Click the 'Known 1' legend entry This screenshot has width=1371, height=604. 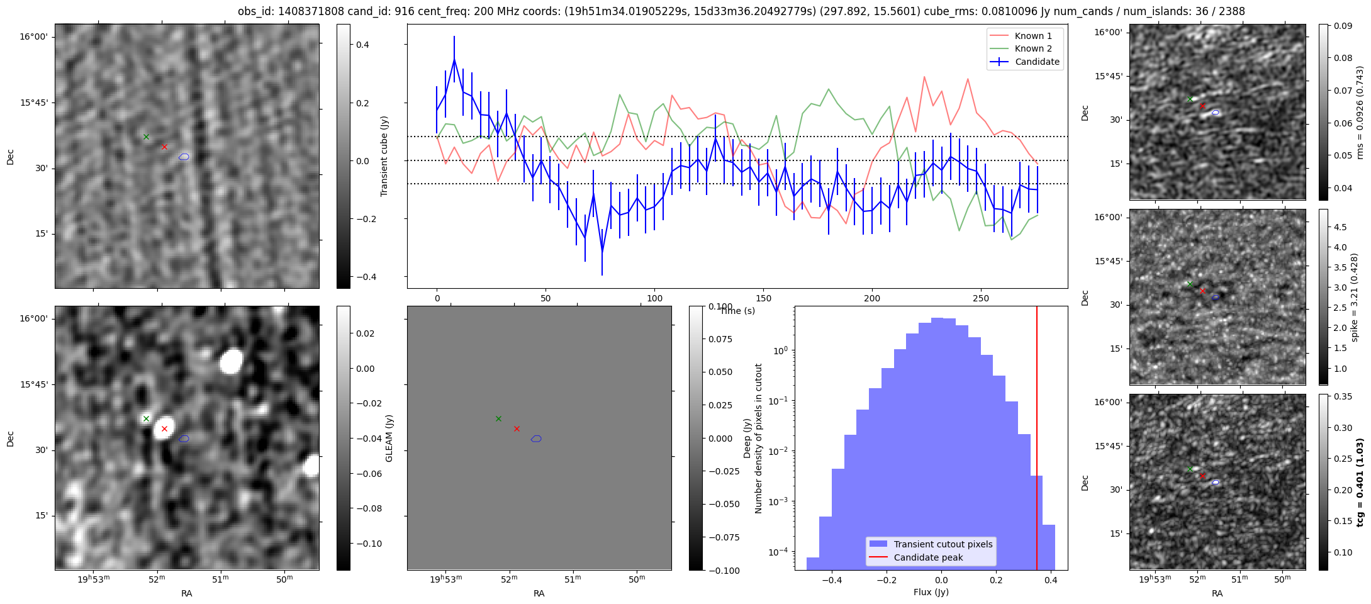coord(1033,36)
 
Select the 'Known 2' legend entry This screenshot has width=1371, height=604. coord(1033,48)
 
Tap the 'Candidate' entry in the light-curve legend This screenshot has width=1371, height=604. coord(1037,62)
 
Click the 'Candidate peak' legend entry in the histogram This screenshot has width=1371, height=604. coord(928,557)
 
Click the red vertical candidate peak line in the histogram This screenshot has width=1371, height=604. coord(1037,440)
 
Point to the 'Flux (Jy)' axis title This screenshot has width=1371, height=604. coord(931,592)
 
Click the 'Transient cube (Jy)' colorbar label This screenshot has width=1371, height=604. coord(384,156)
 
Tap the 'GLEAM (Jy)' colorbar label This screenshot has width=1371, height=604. coord(389,438)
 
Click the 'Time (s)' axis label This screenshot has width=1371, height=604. coord(737,311)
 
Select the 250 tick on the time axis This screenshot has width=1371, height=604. coord(981,298)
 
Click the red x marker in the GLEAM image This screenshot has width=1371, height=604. coord(164,428)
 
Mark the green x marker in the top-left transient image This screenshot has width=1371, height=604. coord(146,137)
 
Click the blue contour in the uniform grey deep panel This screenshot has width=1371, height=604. coord(536,439)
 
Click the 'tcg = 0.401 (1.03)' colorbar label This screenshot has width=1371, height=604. coord(1360,483)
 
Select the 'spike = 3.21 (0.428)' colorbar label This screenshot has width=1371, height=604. coord(1355,298)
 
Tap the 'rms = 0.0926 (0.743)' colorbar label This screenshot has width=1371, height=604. coord(1360,112)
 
